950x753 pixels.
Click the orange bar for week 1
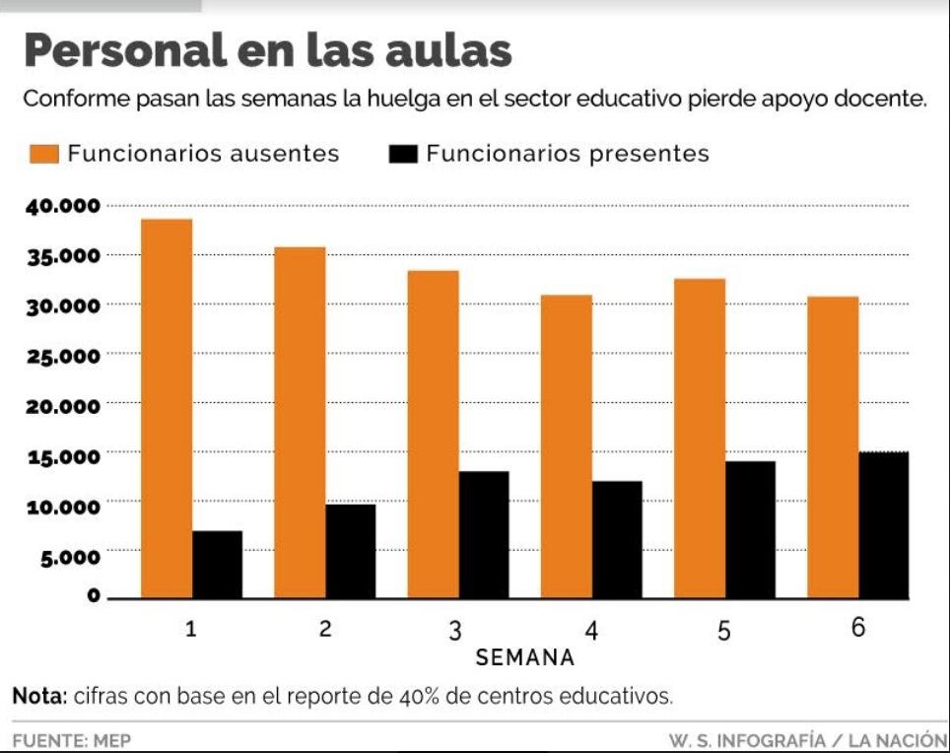coord(167,408)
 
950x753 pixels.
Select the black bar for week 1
coord(217,565)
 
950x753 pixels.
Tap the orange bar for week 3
coord(433,434)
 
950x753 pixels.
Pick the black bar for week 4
coord(617,539)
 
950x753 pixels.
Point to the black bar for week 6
coord(883,525)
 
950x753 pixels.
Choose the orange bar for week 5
coord(700,438)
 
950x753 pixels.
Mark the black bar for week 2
coord(351,551)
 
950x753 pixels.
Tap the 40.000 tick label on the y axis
coord(62,206)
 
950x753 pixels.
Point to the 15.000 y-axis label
coord(62,456)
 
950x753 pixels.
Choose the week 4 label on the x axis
coord(590,630)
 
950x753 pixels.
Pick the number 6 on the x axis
coord(857,628)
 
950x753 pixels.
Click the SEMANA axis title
coord(524,656)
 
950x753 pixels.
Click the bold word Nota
coord(38,696)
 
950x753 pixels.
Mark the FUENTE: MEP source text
coord(71,739)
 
